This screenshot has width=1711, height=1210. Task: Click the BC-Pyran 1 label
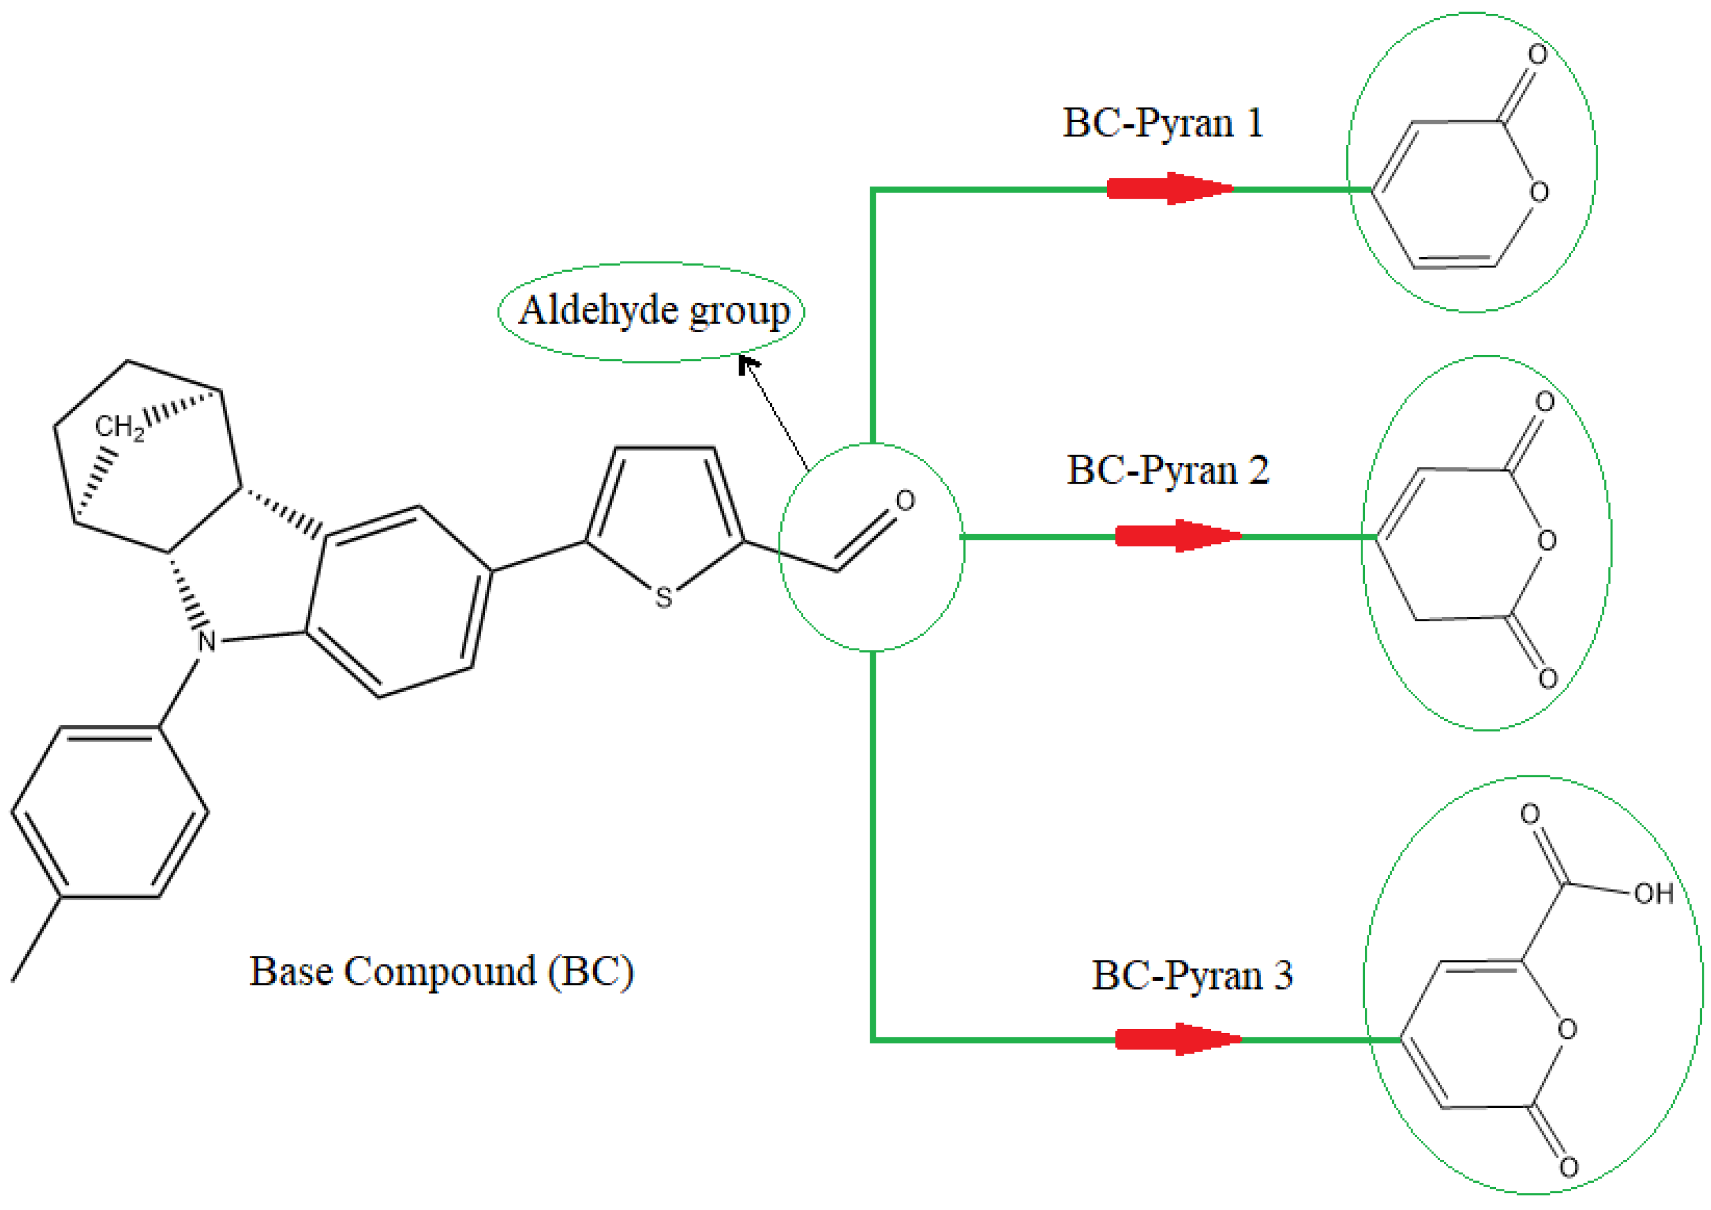pos(1163,124)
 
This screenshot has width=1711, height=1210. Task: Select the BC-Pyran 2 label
pos(1167,471)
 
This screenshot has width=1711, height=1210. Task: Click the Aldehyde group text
pos(653,311)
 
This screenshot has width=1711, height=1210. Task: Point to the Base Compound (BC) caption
pos(441,972)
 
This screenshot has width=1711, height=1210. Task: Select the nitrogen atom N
pos(207,641)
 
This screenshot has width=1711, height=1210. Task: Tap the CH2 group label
pos(118,427)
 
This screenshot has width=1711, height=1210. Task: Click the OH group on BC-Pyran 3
pos(1654,894)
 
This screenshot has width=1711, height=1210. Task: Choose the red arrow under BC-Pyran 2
pos(1178,536)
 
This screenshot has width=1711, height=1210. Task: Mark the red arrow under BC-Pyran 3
pos(1178,1039)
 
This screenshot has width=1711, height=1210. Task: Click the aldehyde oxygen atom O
pos(905,501)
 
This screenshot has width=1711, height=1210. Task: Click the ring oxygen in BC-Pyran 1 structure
pos(1539,192)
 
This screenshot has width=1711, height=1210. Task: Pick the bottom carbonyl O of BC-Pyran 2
pos(1548,678)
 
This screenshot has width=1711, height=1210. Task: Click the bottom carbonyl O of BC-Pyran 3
pos(1568,1167)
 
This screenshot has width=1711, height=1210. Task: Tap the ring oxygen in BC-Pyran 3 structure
pos(1567,1029)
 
